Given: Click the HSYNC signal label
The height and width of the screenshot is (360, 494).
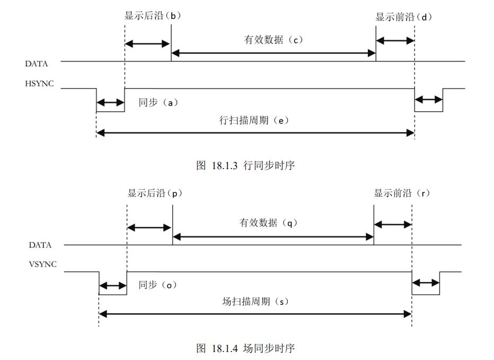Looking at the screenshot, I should pos(39,84).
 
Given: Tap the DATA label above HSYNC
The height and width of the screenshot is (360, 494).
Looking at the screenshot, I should pos(37,64).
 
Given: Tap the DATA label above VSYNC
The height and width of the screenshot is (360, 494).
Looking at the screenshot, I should pos(40,245).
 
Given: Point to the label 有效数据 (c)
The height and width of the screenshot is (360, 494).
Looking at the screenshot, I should pos(274,39).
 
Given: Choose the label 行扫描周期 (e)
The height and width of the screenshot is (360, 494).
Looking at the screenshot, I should pos(254,120).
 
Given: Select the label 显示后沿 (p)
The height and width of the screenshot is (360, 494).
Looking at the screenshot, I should pos(154,193).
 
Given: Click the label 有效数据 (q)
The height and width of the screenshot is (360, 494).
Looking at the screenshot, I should pos(269,223).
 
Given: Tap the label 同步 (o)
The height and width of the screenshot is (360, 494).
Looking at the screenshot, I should pos(157,285).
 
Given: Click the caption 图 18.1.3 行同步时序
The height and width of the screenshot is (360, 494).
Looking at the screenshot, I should pos(245,165).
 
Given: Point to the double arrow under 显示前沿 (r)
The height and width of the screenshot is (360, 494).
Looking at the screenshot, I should pos(393,224).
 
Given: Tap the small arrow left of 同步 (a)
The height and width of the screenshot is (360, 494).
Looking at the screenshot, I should pos(110,103).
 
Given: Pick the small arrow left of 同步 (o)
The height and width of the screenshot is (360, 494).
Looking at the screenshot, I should pos(113,286).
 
